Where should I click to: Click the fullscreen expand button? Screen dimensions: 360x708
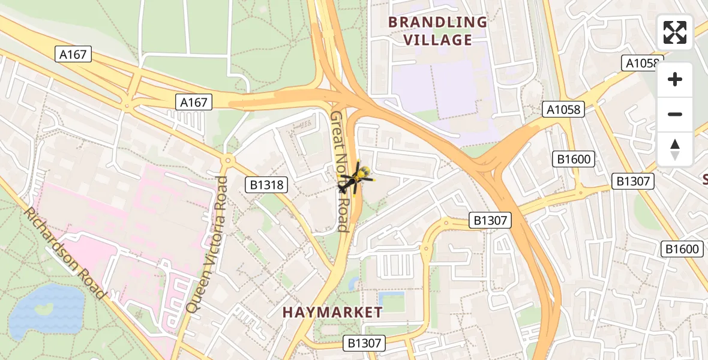[x=675, y=32]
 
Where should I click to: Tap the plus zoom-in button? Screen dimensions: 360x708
[x=675, y=79]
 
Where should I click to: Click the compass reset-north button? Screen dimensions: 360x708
[x=675, y=149]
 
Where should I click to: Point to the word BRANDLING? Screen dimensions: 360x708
[x=437, y=22]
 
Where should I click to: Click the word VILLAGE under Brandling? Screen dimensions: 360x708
[x=437, y=40]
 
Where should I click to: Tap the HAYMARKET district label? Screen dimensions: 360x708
[x=332, y=312]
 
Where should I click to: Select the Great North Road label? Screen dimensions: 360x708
[x=340, y=171]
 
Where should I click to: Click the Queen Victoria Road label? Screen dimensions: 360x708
[x=207, y=244]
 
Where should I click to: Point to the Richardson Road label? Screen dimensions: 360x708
[x=65, y=254]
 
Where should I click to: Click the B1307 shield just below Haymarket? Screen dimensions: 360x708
[x=364, y=343]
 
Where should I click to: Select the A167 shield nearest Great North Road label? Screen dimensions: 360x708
[x=194, y=103]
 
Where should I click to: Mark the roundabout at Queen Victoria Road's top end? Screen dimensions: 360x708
[x=227, y=160]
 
